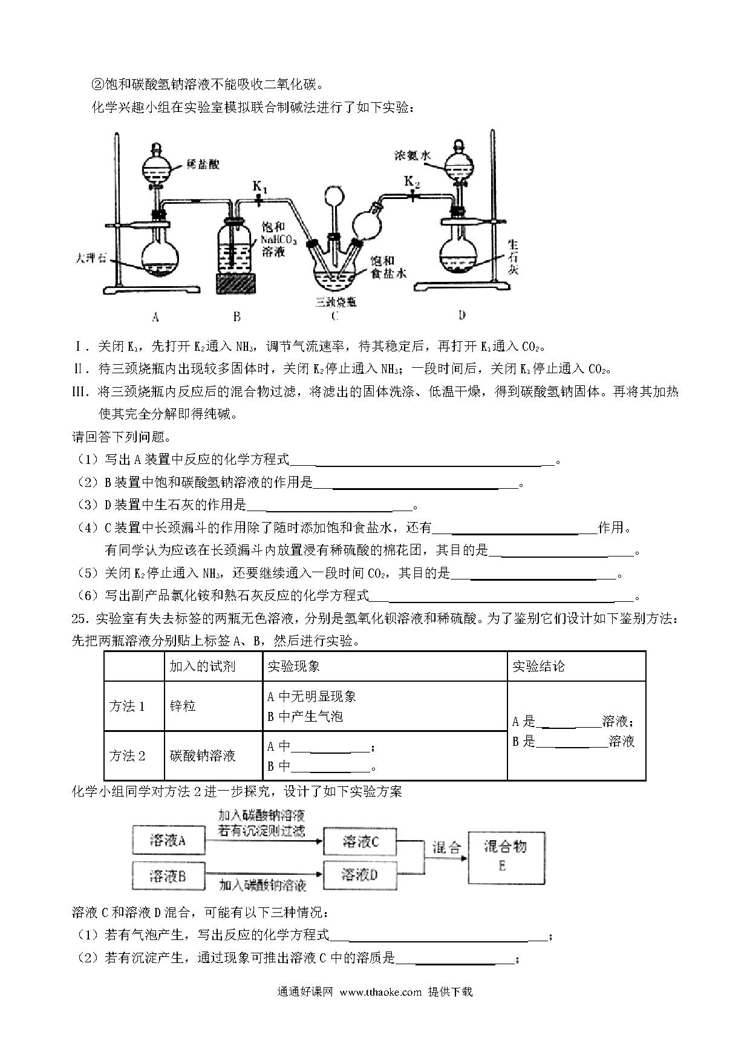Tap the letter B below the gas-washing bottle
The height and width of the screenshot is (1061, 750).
237,316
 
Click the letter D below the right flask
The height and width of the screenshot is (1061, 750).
461,315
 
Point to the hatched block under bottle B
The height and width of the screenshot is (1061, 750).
237,284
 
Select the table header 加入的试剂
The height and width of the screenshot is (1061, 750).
203,666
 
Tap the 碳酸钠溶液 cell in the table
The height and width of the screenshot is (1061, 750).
203,756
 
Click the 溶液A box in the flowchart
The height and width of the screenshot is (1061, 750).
168,840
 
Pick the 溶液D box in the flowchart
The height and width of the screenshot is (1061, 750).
360,875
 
